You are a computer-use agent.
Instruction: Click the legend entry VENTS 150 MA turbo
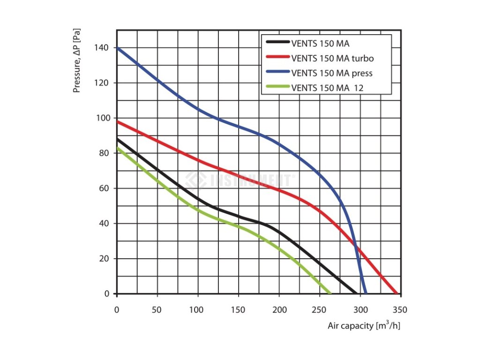click(x=333, y=59)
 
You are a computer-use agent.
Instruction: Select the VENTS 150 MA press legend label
click(x=332, y=73)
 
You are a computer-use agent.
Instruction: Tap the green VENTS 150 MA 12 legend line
click(x=277, y=87)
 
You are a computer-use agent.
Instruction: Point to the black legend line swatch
click(x=277, y=44)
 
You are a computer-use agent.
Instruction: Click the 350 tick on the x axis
click(x=401, y=309)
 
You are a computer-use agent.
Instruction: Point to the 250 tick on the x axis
click(x=320, y=309)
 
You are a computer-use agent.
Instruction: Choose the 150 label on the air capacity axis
click(x=239, y=309)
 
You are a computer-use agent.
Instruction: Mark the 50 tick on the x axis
click(x=157, y=309)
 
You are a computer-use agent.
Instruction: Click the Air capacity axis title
click(x=364, y=326)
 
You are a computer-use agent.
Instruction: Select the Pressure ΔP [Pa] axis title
click(x=77, y=61)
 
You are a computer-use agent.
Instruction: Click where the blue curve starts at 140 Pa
click(x=117, y=48)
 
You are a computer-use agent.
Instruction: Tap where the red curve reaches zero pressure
click(x=397, y=293)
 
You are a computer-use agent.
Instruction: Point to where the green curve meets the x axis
click(x=330, y=293)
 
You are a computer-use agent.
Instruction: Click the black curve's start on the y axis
click(x=117, y=139)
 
